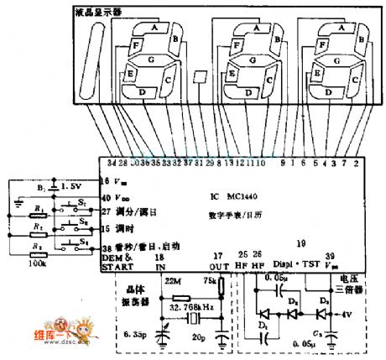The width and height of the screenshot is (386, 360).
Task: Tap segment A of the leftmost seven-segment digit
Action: (x=156, y=27)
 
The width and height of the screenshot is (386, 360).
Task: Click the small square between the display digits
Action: (x=198, y=76)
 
